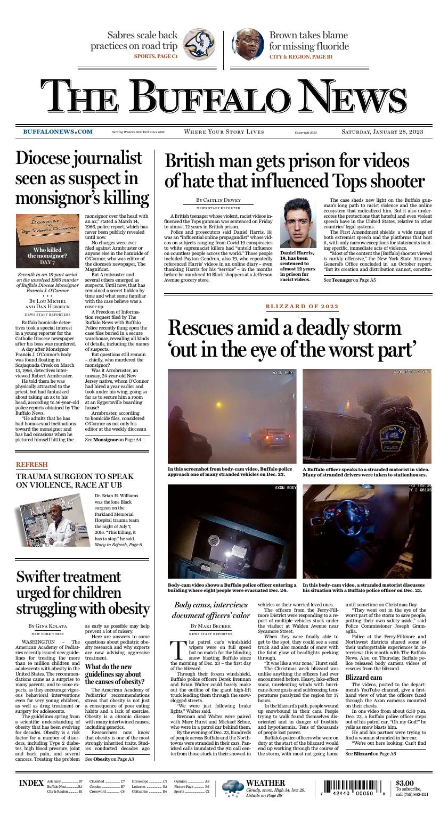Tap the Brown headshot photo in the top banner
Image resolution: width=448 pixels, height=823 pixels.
click(248, 45)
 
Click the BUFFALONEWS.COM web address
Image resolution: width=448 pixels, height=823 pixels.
click(58, 131)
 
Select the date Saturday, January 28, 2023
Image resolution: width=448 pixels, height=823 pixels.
click(382, 131)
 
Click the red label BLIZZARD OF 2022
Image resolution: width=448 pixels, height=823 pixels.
click(301, 306)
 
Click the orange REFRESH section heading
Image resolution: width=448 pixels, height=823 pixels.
click(31, 465)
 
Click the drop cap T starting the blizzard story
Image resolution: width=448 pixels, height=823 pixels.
click(178, 649)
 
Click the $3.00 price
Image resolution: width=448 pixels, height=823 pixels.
click(404, 783)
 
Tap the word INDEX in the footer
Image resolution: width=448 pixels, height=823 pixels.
click(31, 783)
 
